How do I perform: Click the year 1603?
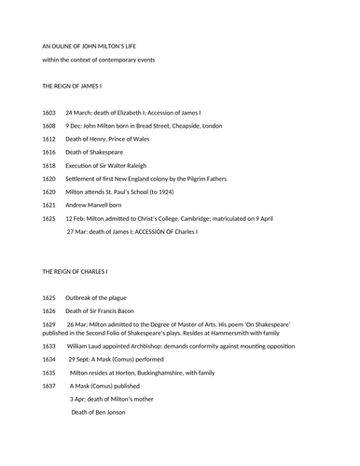[x=49, y=112]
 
